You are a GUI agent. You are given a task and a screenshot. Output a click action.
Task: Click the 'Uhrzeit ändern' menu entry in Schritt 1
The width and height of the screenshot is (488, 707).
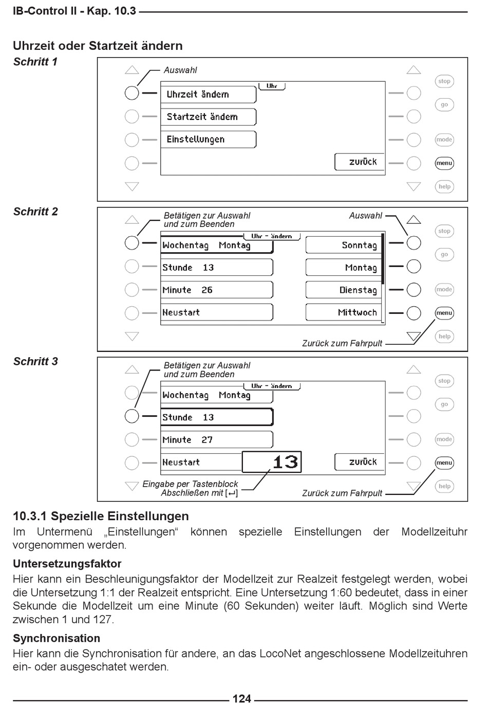(x=208, y=94)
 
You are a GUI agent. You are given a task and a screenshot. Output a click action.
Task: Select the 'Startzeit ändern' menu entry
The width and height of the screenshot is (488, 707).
(x=208, y=117)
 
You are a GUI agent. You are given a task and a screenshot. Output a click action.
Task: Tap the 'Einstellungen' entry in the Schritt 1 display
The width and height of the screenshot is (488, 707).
(x=208, y=139)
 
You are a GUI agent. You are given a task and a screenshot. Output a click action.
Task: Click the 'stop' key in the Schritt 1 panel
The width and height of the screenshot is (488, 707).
(x=444, y=81)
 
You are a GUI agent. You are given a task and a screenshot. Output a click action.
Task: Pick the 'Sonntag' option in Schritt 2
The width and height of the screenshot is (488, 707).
(x=344, y=245)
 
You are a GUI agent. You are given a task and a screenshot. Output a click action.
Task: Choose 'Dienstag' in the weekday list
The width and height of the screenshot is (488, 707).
(x=344, y=290)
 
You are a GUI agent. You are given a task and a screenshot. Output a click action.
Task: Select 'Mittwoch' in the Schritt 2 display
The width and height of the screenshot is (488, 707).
(x=344, y=312)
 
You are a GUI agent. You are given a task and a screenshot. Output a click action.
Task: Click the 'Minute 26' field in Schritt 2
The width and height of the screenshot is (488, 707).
(x=216, y=290)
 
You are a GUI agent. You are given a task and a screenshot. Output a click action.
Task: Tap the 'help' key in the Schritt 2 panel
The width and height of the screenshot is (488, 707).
(x=444, y=337)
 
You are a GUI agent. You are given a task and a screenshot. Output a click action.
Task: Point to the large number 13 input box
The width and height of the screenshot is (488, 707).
(x=272, y=462)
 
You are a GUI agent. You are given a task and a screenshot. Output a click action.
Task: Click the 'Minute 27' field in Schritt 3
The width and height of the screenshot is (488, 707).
(x=216, y=440)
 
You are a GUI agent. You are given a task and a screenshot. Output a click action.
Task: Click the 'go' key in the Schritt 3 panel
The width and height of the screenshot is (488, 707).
(x=444, y=404)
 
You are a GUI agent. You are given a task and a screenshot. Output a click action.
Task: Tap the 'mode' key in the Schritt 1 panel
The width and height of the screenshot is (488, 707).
(x=444, y=139)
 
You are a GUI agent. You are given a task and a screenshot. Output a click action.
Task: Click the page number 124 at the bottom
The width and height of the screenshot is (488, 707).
(x=241, y=699)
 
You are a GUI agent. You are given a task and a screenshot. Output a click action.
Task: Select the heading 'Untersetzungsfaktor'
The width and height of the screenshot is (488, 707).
(x=67, y=563)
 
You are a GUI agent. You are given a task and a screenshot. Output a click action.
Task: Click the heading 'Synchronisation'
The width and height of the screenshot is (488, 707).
(x=57, y=638)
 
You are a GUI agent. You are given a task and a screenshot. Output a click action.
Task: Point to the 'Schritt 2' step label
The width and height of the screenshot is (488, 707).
(x=35, y=211)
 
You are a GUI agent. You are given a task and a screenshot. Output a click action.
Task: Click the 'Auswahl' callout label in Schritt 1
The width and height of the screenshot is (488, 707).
(x=180, y=70)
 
